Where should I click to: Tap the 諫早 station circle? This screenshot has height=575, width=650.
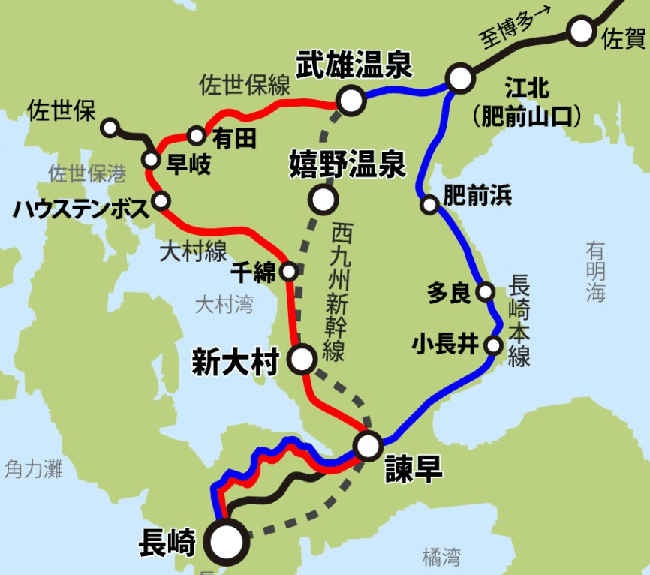pyautogui.click(x=369, y=446)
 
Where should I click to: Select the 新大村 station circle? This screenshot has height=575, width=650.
pyautogui.click(x=302, y=360)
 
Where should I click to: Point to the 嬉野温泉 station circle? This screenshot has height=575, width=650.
pyautogui.click(x=323, y=200)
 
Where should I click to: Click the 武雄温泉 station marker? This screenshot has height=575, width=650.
pyautogui.click(x=351, y=100)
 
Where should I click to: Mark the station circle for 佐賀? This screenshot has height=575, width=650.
pyautogui.click(x=580, y=32)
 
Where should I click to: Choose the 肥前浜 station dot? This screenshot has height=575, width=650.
pyautogui.click(x=429, y=203)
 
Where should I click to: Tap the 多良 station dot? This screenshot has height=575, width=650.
pyautogui.click(x=486, y=291)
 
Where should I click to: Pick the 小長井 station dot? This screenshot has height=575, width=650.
pyautogui.click(x=493, y=345)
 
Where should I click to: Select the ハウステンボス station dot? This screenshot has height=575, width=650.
pyautogui.click(x=161, y=200)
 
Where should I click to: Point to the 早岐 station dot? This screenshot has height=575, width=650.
pyautogui.click(x=151, y=159)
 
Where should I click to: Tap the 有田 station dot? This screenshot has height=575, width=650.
pyautogui.click(x=197, y=136)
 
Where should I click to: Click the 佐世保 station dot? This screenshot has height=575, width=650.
pyautogui.click(x=110, y=127)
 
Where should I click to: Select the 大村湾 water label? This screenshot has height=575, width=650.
pyautogui.click(x=224, y=304)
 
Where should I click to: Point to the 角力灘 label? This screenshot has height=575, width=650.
pyautogui.click(x=33, y=470)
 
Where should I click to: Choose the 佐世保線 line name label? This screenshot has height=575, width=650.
pyautogui.click(x=244, y=85)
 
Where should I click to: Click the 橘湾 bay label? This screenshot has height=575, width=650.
pyautogui.click(x=441, y=556)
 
